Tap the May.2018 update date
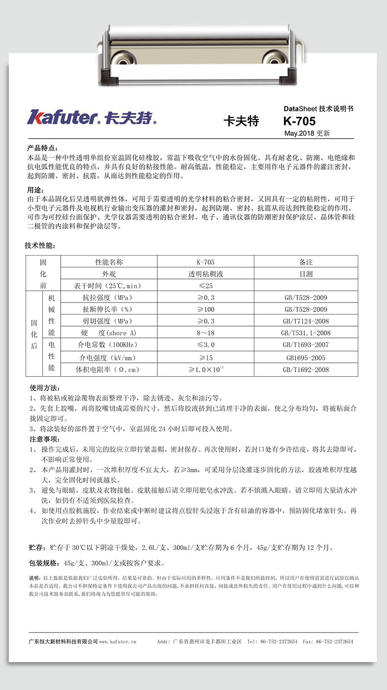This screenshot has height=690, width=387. tap(307, 133)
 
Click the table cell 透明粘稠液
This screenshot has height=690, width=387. tap(205, 274)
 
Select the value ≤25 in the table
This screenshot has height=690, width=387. tap(205, 286)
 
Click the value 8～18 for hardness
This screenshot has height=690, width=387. tap(205, 333)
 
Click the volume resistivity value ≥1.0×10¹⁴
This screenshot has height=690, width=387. tap(205, 370)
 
